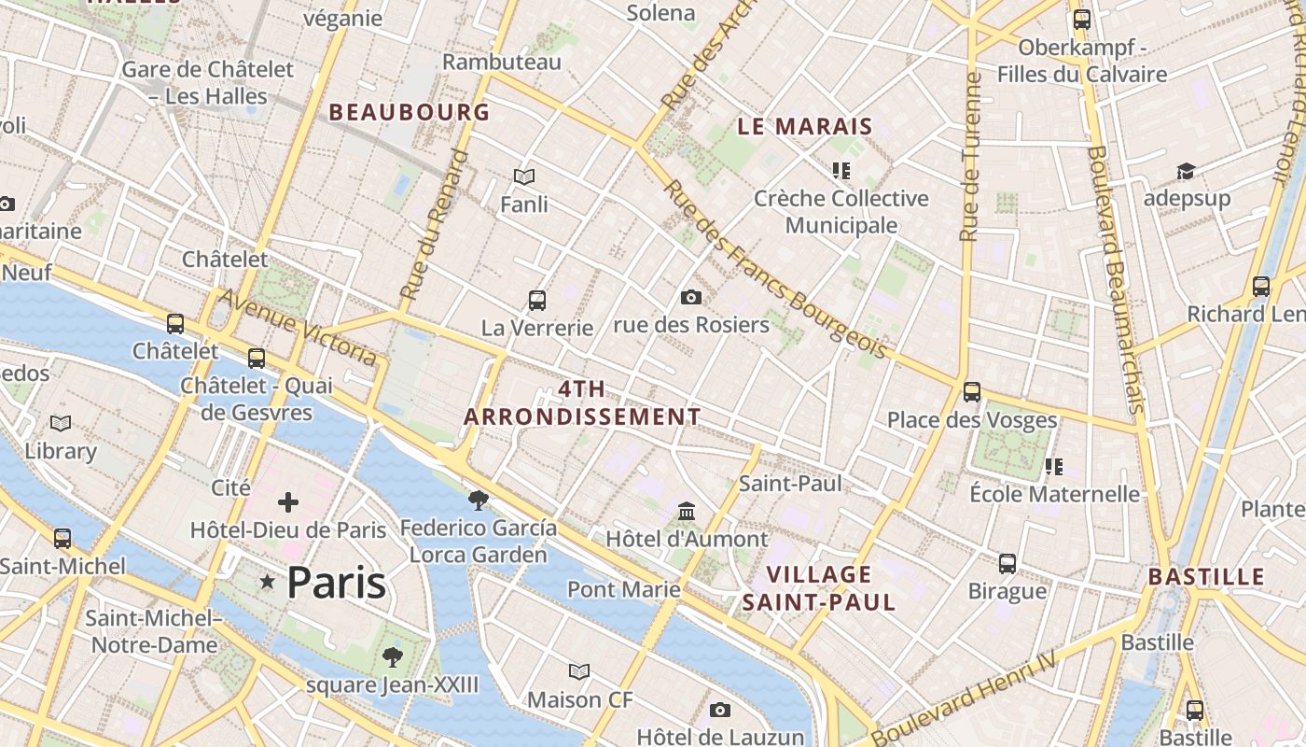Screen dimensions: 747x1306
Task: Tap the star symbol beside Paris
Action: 268,583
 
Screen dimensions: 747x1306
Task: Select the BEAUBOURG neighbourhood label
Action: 409,112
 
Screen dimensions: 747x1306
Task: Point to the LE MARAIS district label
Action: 805,126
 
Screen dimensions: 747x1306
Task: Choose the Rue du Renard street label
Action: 435,224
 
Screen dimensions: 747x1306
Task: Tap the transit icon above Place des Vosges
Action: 972,391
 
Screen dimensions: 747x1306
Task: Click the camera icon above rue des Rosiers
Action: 690,297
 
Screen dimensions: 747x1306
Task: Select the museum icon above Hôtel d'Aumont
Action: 688,511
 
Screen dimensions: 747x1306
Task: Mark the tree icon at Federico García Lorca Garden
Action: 479,500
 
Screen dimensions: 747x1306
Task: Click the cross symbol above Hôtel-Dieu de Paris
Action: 288,502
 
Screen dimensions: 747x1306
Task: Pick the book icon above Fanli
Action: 524,176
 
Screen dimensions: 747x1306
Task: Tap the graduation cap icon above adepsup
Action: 1186,171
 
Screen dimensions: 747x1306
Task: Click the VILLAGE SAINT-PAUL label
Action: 819,587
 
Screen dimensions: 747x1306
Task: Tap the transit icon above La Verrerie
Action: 537,300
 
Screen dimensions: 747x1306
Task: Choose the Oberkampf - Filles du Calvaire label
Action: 1082,61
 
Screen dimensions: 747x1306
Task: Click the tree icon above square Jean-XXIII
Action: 393,656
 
